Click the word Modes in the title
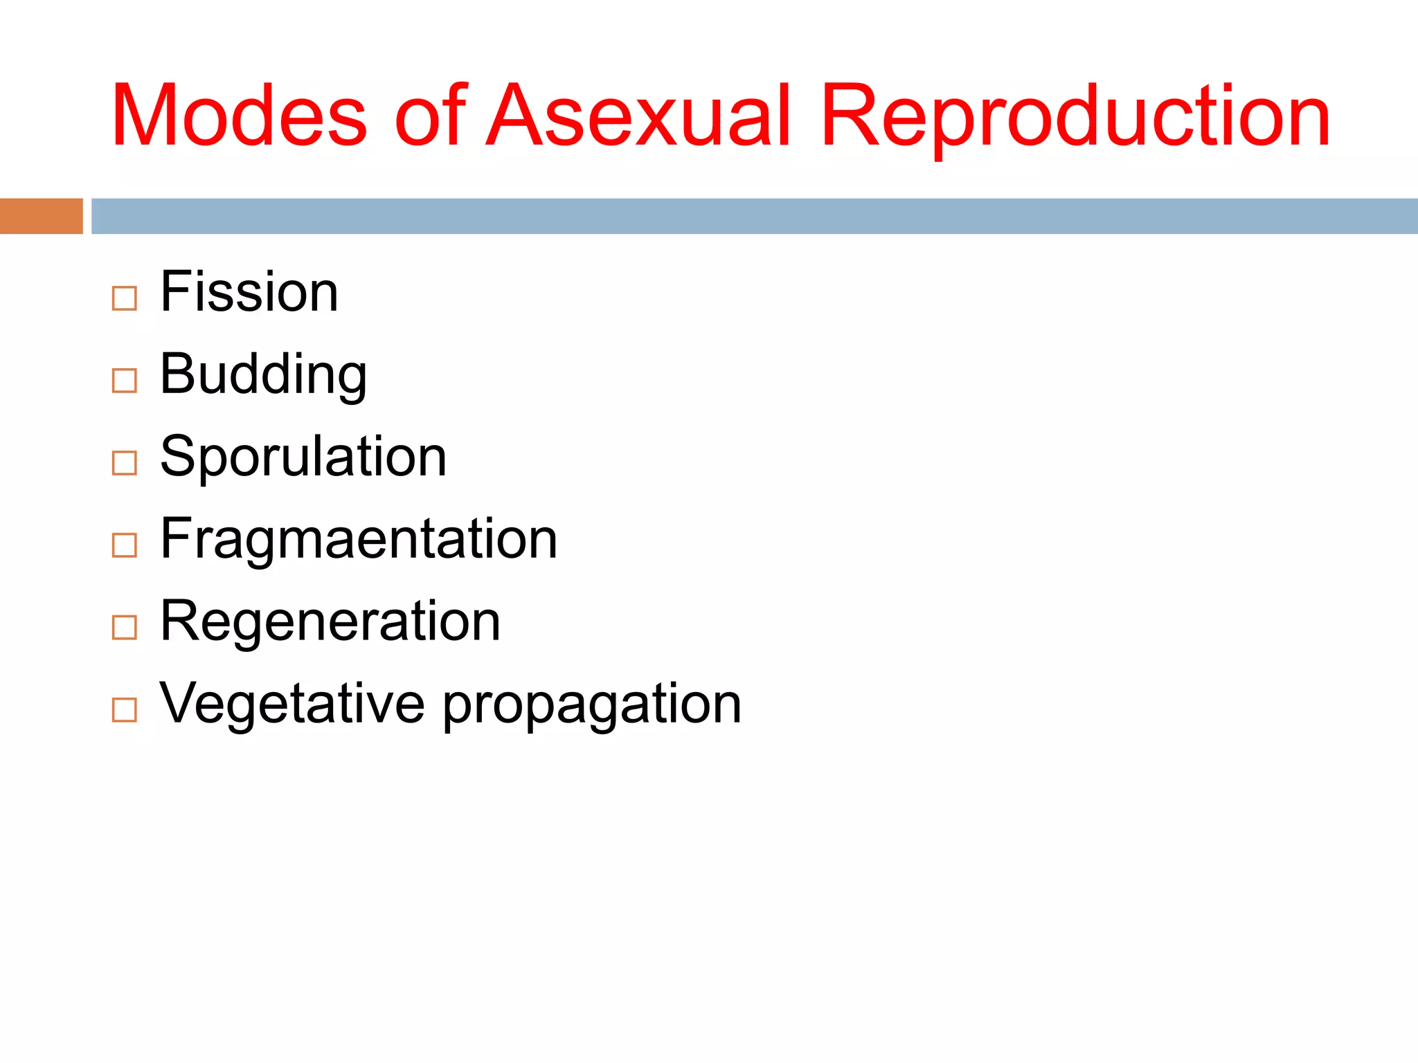point(239,116)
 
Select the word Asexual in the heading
point(638,116)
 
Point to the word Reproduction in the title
point(1075,116)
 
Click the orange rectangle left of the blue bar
point(41,216)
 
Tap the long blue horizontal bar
point(754,216)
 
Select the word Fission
point(249,291)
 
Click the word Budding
point(263,374)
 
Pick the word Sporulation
point(303,457)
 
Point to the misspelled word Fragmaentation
point(359,538)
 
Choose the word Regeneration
point(330,621)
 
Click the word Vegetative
point(291,703)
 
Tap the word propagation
point(592,705)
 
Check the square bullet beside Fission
point(125,299)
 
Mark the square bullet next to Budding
point(125,381)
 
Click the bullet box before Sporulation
point(125,463)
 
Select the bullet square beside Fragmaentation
point(125,545)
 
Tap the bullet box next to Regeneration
point(125,628)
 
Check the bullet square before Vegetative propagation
point(125,710)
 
